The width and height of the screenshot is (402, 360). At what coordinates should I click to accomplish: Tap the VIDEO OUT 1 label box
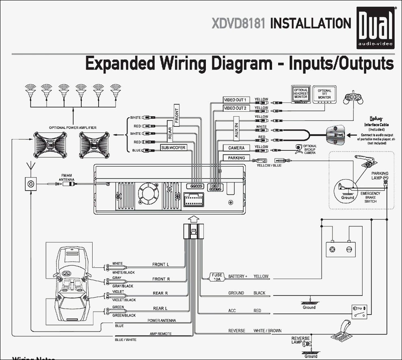(235, 100)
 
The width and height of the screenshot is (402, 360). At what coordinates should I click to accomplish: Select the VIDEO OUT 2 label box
(235, 108)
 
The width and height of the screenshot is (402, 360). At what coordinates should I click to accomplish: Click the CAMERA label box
(236, 148)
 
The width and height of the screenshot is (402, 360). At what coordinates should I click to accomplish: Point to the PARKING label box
(236, 158)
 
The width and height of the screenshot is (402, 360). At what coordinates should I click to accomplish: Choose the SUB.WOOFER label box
(173, 148)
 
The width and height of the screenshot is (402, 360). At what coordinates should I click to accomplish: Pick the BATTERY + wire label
(237, 276)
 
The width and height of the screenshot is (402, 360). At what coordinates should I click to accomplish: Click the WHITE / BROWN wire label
(267, 331)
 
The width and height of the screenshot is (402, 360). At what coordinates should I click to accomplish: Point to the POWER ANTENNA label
(162, 321)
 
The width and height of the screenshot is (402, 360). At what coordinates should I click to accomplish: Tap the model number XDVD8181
(238, 24)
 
